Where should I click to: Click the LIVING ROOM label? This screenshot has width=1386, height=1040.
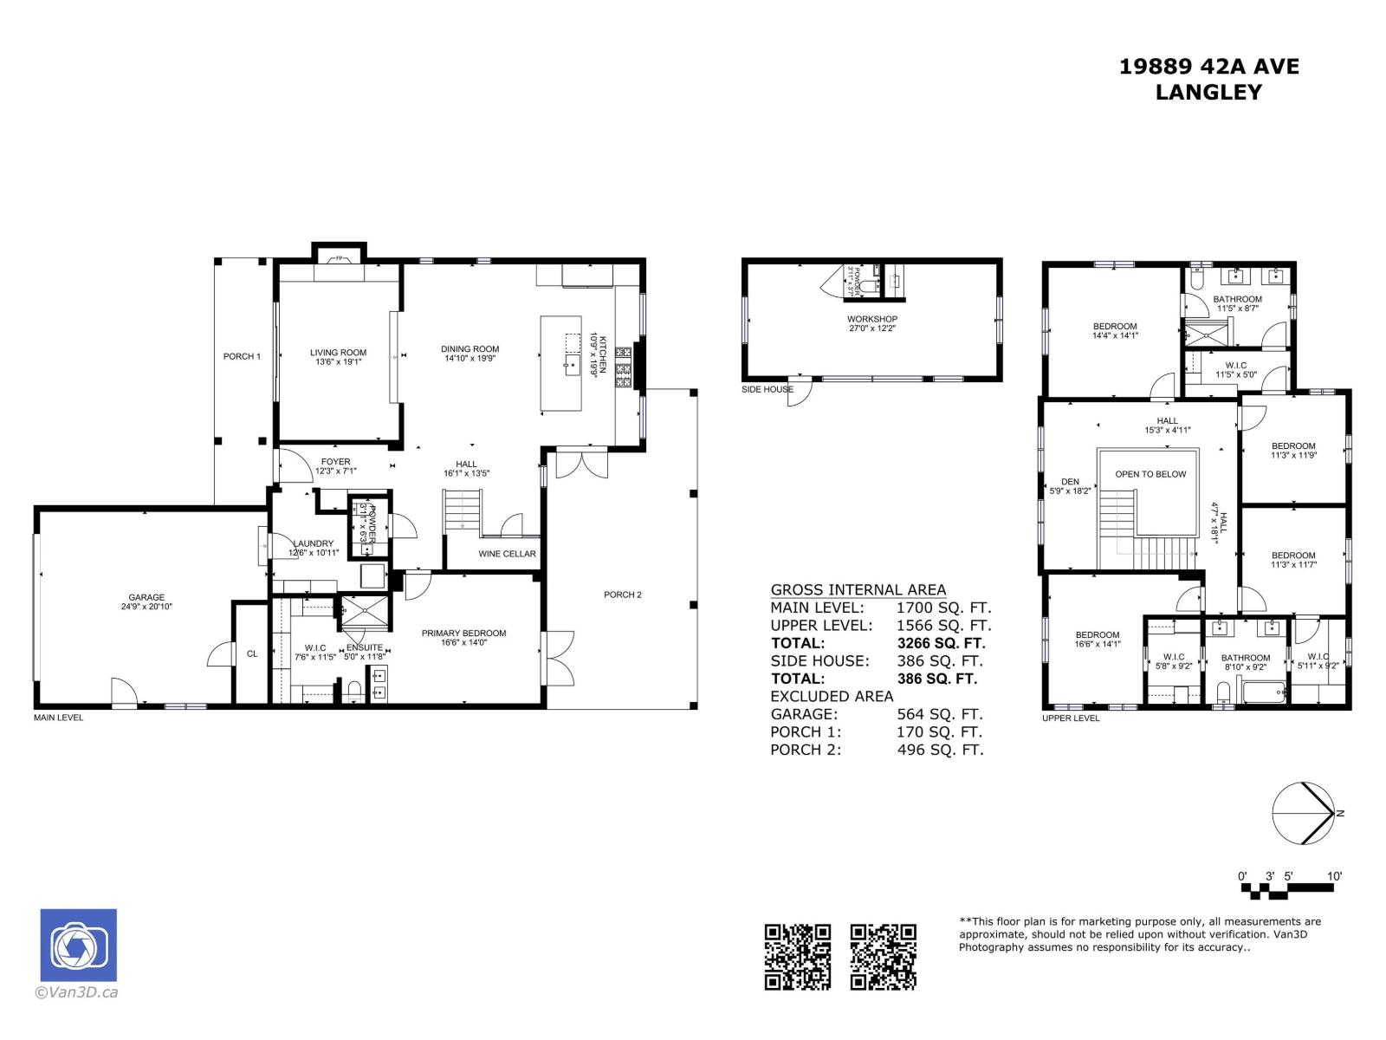(338, 353)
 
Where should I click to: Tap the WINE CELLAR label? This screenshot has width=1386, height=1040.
(507, 554)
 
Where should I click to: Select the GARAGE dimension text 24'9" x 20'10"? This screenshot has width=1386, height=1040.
(146, 608)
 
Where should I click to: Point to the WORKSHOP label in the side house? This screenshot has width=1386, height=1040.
(871, 319)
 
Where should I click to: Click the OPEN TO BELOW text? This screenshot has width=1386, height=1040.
(1150, 474)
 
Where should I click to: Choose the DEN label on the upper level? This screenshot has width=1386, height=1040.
(1070, 482)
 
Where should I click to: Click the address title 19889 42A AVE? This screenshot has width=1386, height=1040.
(1209, 67)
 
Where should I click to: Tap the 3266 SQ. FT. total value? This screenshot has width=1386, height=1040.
(941, 643)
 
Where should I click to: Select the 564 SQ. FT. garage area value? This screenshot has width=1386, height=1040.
(939, 714)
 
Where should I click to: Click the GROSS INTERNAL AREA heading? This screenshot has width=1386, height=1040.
(858, 589)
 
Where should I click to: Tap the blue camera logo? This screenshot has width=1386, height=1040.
(78, 945)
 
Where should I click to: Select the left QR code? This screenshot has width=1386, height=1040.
(797, 956)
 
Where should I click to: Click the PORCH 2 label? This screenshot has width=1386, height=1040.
(623, 595)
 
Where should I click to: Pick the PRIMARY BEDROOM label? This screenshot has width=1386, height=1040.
(463, 633)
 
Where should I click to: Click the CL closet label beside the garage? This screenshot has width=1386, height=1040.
(252, 653)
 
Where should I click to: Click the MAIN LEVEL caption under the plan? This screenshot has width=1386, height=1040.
(58, 718)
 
